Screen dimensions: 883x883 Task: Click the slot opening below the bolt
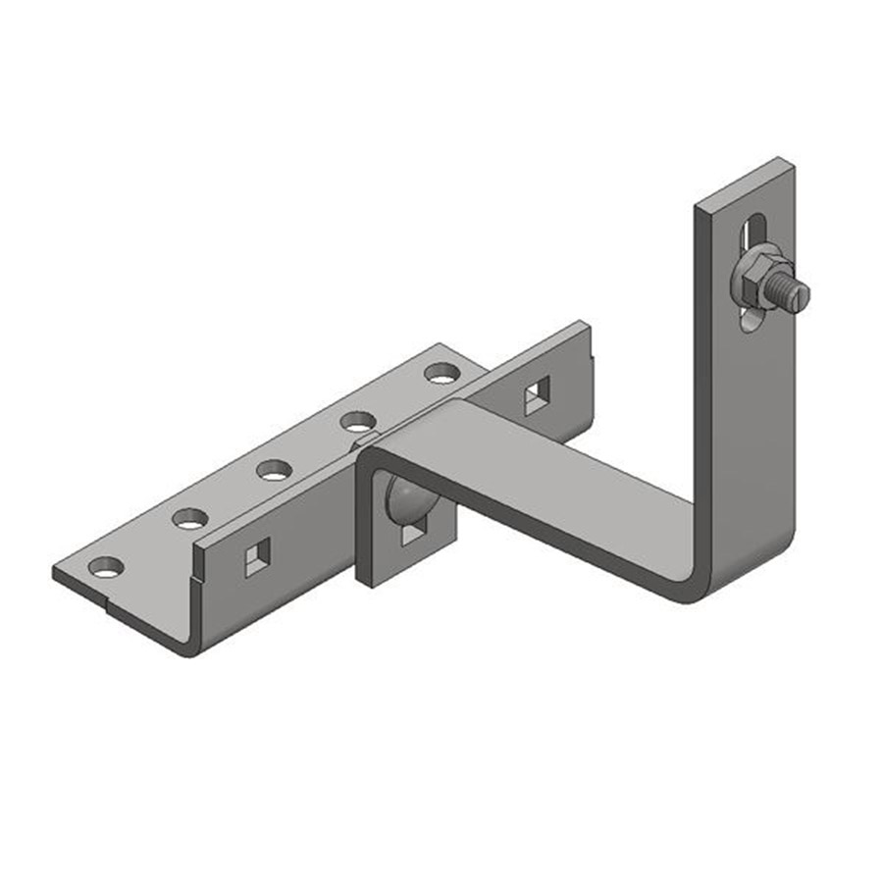tap(750, 320)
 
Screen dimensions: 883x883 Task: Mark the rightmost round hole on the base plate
tap(441, 373)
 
